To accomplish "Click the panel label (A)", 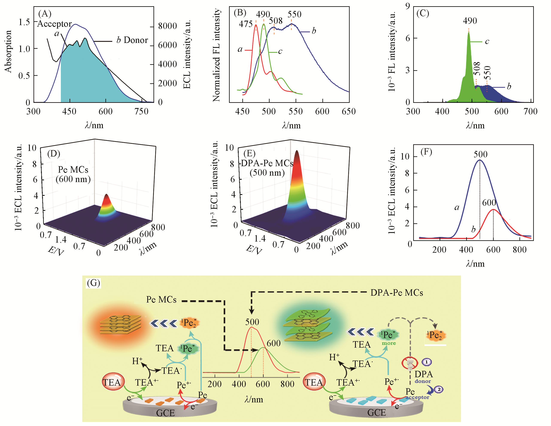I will [45, 13].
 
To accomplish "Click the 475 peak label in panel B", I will [246, 24].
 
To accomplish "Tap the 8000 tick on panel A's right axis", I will [167, 26].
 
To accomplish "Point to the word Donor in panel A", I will [136, 40].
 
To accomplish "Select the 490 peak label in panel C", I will [470, 21].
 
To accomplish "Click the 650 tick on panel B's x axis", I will [349, 111].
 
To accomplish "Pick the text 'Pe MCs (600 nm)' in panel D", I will [73, 174].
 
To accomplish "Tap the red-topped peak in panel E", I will [297, 161].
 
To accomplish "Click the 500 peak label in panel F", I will [480, 154].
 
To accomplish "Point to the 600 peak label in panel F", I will [489, 202].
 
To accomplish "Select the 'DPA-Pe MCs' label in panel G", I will [397, 293].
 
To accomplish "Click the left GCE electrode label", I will [165, 413].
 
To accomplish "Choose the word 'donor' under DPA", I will [423, 381].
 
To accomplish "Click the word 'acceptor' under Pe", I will [417, 397].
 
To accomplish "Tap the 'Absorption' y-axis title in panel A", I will [8, 52].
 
